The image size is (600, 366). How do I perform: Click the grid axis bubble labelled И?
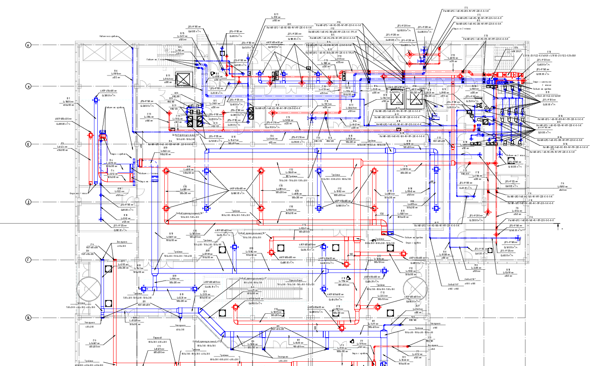coord(28,45)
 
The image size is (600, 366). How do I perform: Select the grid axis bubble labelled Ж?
coord(28,86)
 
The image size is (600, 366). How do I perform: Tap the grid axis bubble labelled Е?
coord(28,144)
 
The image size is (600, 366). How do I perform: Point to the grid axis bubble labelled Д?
coord(28,202)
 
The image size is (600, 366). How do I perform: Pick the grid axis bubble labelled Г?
coord(28,260)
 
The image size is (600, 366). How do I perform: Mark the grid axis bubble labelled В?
coord(28,317)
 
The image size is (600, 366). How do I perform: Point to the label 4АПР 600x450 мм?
coord(63,119)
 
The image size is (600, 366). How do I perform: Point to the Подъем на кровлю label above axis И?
coord(108,36)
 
